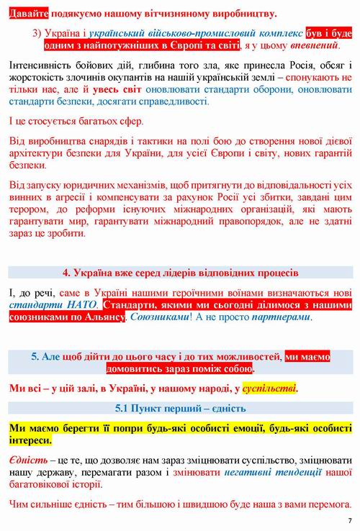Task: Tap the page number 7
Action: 349,520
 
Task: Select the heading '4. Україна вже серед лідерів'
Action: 180,273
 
